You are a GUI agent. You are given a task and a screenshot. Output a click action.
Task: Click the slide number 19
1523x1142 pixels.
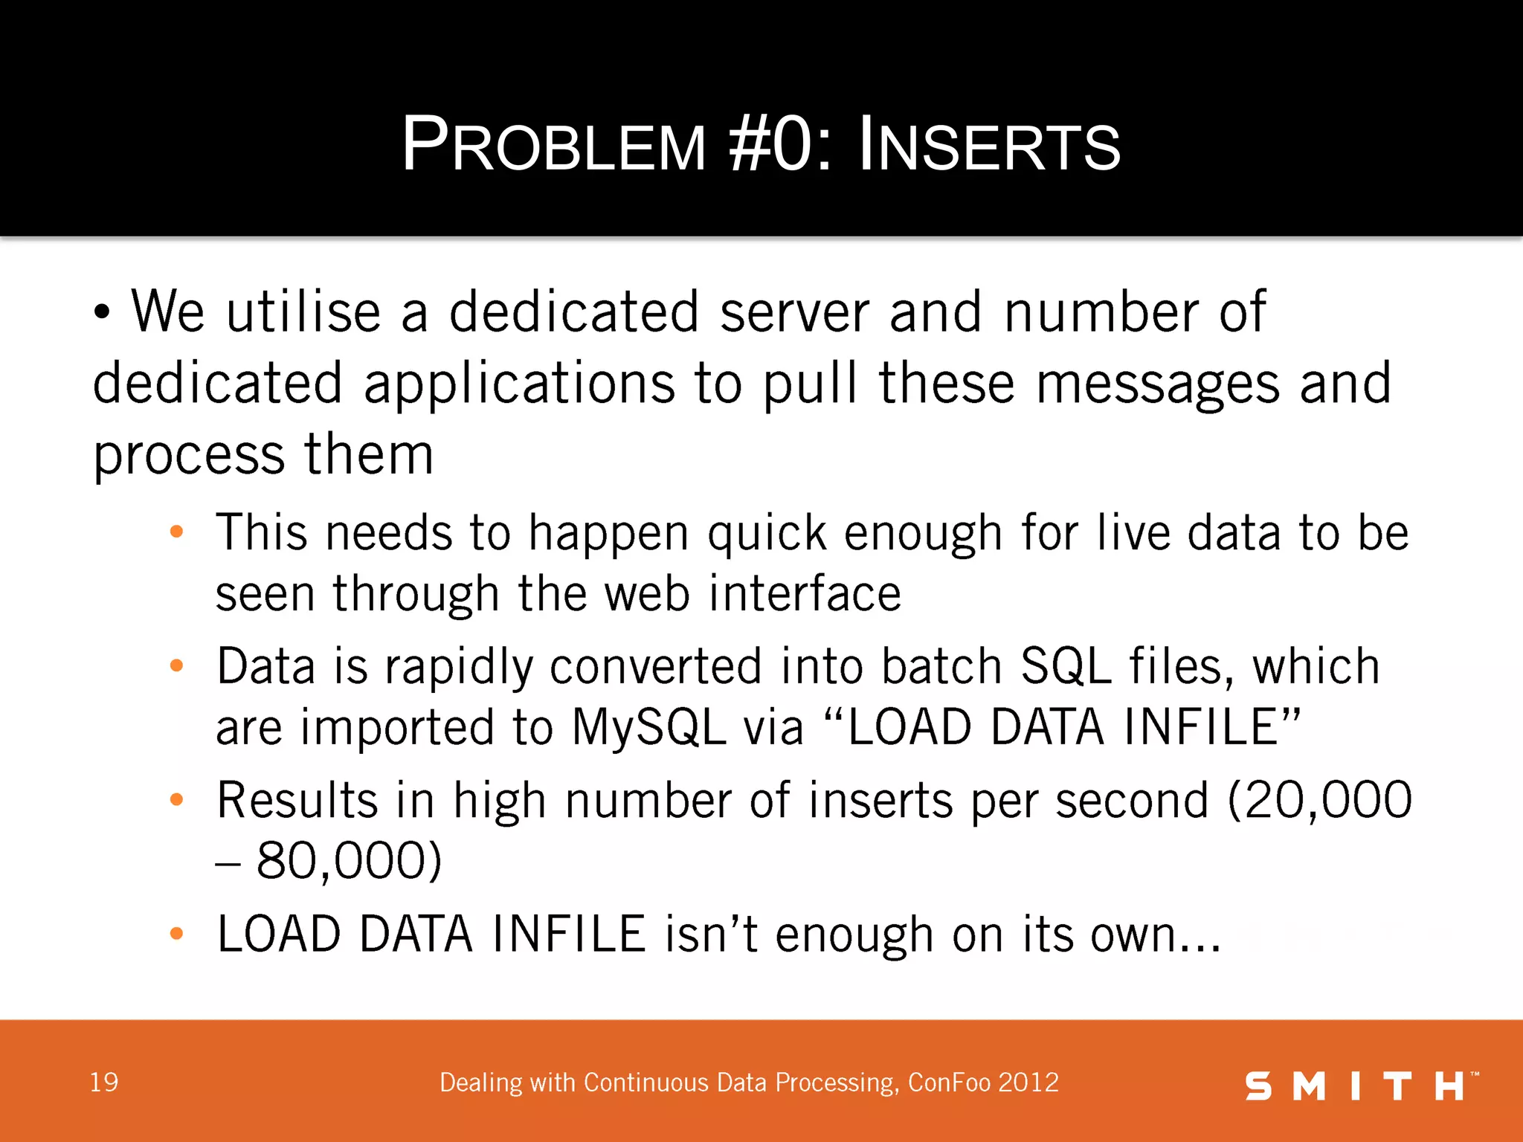104,1083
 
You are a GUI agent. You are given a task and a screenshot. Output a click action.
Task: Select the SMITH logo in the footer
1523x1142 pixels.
1361,1086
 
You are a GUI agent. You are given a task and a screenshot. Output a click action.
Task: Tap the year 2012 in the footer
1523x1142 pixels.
1029,1083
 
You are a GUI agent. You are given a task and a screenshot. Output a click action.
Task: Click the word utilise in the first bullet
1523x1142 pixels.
303,312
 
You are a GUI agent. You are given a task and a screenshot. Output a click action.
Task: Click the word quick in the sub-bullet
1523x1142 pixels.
767,534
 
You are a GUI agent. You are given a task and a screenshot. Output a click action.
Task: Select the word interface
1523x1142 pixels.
805,594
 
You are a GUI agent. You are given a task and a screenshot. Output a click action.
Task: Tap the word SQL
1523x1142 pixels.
1066,666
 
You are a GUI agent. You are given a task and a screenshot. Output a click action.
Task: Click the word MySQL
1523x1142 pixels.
648,727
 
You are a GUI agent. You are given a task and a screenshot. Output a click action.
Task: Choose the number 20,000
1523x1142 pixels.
1319,801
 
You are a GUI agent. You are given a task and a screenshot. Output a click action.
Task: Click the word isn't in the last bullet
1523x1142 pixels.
712,934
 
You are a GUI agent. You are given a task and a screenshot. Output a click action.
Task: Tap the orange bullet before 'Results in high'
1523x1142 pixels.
176,800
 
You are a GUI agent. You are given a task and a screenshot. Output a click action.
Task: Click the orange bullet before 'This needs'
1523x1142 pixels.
176,532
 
